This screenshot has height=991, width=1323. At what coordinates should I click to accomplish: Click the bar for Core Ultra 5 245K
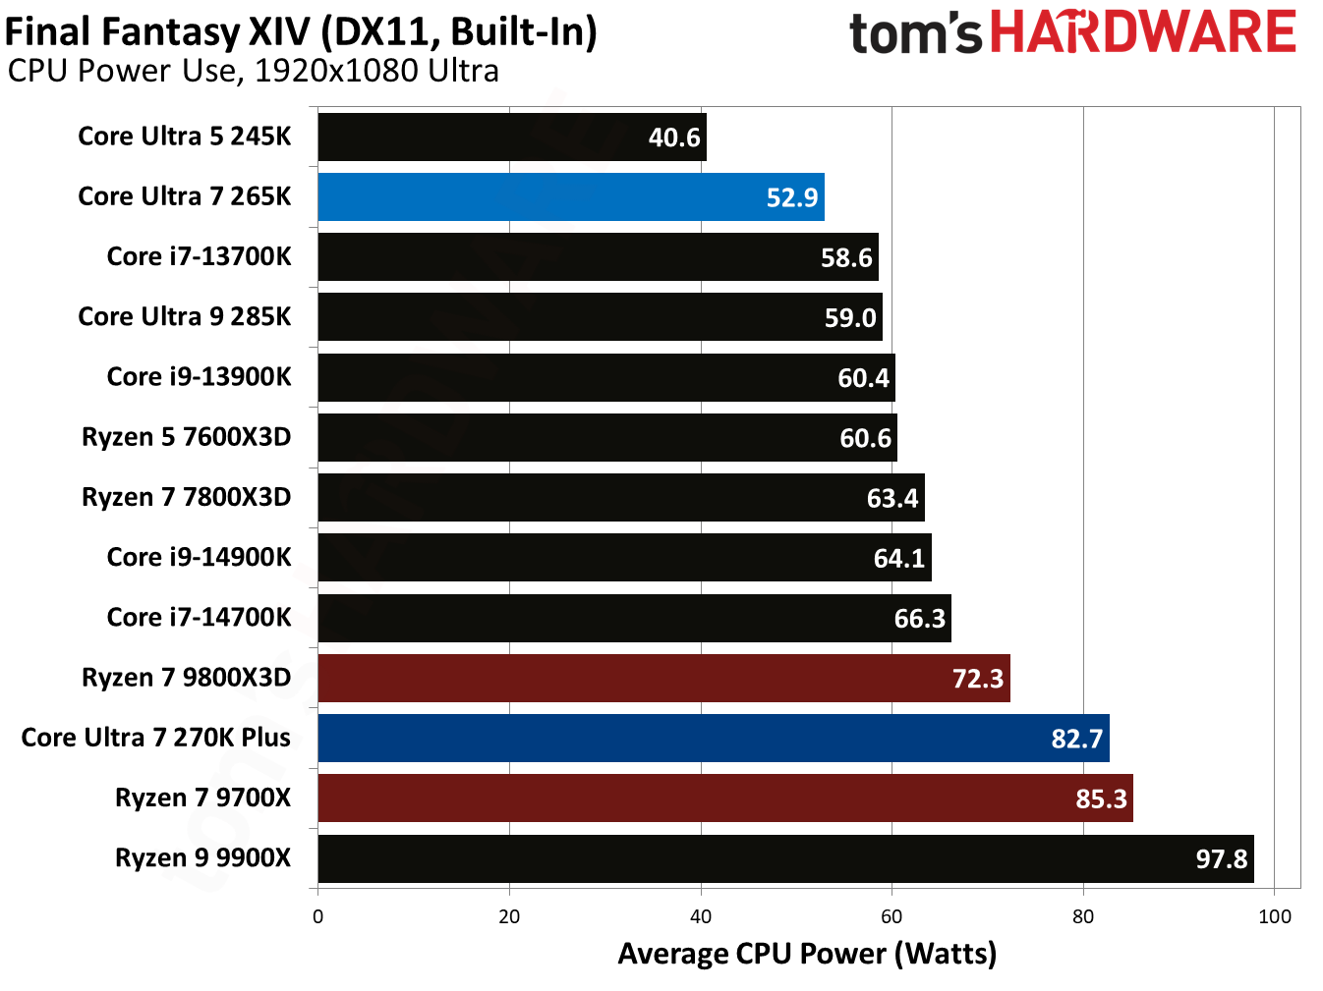[x=511, y=137]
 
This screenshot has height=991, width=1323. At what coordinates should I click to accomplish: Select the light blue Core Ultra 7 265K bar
[x=570, y=196]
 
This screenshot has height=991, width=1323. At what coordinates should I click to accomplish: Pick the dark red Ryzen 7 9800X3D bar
[x=663, y=678]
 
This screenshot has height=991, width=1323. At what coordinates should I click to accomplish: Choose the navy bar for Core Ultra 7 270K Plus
[x=713, y=738]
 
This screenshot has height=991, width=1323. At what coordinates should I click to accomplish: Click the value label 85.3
[x=1101, y=798]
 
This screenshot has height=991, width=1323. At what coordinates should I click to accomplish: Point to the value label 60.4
[x=863, y=378]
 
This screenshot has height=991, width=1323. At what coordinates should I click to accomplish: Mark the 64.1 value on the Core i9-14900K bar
[x=898, y=558]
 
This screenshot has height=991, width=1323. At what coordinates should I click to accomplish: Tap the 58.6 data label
[x=846, y=257]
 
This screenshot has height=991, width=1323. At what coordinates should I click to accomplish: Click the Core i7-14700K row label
[x=199, y=617]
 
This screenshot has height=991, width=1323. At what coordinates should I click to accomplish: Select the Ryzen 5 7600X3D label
[x=186, y=437]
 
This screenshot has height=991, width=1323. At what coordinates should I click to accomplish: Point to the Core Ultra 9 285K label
[x=185, y=316]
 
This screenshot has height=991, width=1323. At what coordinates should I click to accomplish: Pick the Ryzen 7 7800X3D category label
[x=186, y=497]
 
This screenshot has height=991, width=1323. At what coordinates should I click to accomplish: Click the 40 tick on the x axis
[x=700, y=916]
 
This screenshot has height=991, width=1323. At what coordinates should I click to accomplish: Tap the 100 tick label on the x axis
[x=1274, y=916]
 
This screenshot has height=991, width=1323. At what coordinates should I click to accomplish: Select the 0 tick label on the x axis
[x=317, y=916]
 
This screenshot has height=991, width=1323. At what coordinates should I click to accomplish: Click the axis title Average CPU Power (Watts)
[x=807, y=954]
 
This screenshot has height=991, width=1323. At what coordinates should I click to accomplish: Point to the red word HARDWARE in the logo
[x=1142, y=32]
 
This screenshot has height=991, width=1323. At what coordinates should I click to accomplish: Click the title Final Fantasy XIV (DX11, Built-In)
[x=301, y=31]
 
